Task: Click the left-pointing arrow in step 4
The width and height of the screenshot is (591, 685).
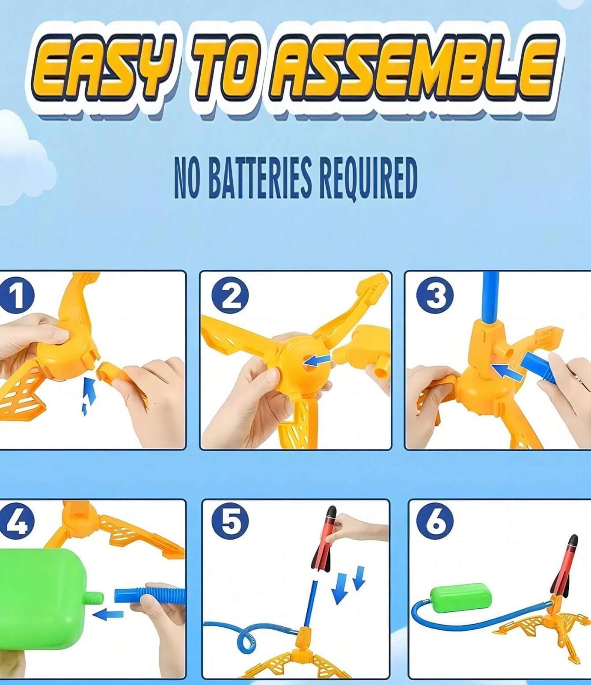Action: click(x=107, y=615)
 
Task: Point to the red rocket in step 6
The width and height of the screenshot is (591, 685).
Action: click(x=564, y=566)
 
